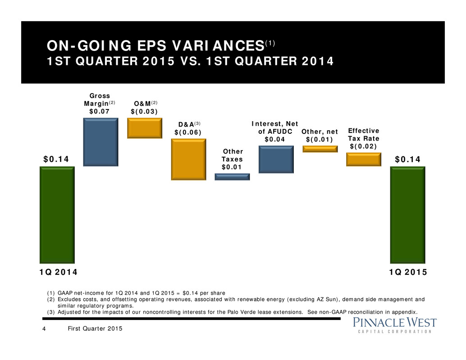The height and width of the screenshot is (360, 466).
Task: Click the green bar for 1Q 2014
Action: pyautogui.click(x=57, y=214)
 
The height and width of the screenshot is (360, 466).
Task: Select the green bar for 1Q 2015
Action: pyautogui.click(x=407, y=214)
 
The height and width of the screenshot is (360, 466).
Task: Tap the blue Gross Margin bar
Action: pyautogui.click(x=101, y=142)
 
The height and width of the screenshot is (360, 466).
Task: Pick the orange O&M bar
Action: pyautogui.click(x=144, y=128)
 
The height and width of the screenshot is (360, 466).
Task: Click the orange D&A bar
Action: pyautogui.click(x=188, y=159)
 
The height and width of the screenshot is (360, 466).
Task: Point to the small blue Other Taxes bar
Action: pyautogui.click(x=232, y=177)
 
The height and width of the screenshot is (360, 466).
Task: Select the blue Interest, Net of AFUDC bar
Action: pyautogui.click(x=276, y=159)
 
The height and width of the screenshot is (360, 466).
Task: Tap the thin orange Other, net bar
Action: pyautogui.click(x=320, y=149)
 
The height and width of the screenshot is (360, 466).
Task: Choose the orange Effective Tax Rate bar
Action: pyautogui.click(x=363, y=159)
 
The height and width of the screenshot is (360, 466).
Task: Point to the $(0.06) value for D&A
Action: pyautogui.click(x=187, y=132)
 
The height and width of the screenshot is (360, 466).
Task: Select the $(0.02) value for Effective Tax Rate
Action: pyautogui.click(x=363, y=146)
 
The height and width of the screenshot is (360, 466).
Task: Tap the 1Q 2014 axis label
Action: pyautogui.click(x=57, y=272)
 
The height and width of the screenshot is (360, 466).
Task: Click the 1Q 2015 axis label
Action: pyautogui.click(x=408, y=272)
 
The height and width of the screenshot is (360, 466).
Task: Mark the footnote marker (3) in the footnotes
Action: pyautogui.click(x=51, y=311)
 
